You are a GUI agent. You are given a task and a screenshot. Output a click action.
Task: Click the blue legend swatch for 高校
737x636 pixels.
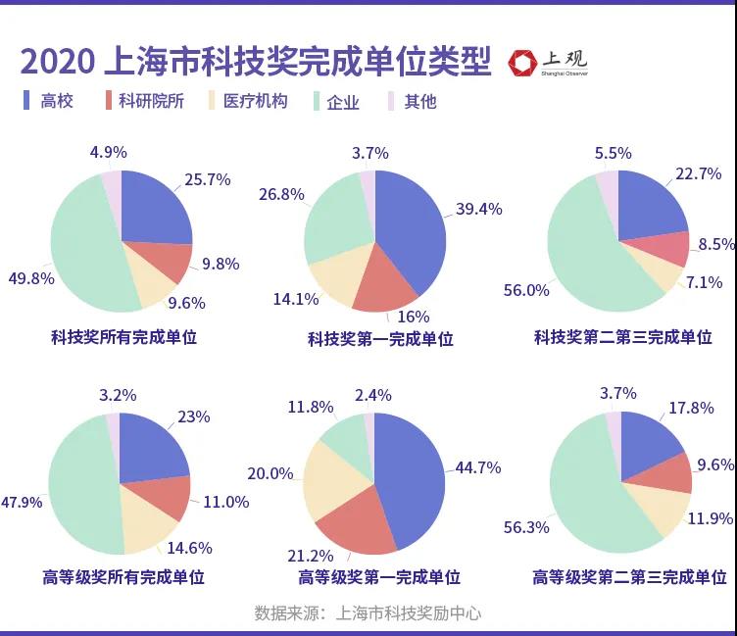pyautogui.click(x=27, y=100)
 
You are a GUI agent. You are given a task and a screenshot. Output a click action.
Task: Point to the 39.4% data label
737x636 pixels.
pyautogui.click(x=479, y=209)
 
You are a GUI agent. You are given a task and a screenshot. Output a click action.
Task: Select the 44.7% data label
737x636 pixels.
pyautogui.click(x=478, y=467)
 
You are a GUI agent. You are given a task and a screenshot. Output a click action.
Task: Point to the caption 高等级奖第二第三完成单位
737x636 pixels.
pyautogui.click(x=629, y=578)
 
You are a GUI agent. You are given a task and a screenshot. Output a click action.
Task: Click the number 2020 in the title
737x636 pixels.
pyautogui.click(x=56, y=62)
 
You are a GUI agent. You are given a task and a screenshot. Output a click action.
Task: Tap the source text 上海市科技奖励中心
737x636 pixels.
pyautogui.click(x=409, y=613)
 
